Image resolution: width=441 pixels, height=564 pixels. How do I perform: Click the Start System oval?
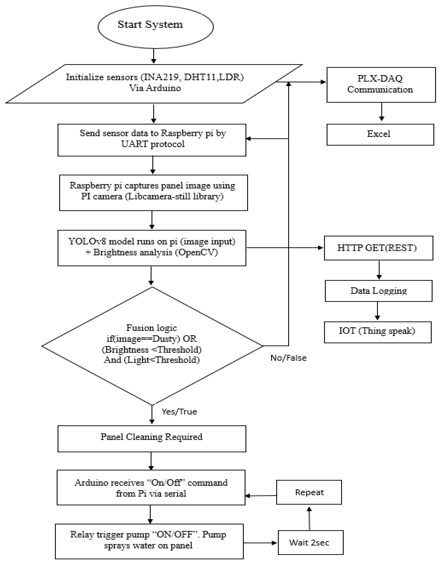tap(155, 27)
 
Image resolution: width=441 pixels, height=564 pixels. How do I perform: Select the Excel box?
tap(380, 135)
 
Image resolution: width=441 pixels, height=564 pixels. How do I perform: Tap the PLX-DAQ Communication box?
tap(381, 85)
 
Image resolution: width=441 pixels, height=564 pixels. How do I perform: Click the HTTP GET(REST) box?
tap(378, 248)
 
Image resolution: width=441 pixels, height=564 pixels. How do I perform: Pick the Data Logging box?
tap(378, 291)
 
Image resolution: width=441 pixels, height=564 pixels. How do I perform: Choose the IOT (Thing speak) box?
tap(378, 332)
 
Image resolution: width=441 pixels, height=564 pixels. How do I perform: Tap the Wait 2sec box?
tap(311, 543)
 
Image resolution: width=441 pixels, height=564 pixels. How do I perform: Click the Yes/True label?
tap(179, 412)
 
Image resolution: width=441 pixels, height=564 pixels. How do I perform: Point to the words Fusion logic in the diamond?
tap(152, 328)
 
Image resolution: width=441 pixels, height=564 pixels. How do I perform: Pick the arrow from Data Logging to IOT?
tap(378, 311)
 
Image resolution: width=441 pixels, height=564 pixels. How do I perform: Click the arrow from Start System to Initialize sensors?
tap(154, 56)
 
